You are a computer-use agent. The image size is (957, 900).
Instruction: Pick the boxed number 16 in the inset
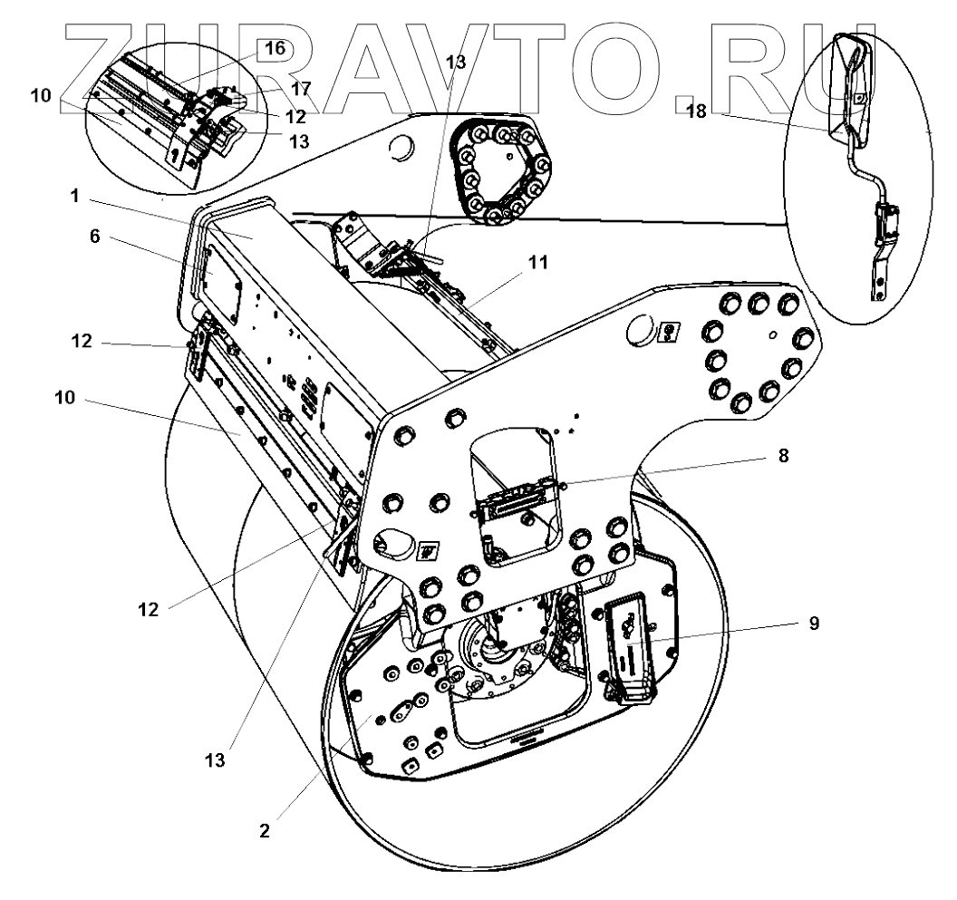(275, 49)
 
